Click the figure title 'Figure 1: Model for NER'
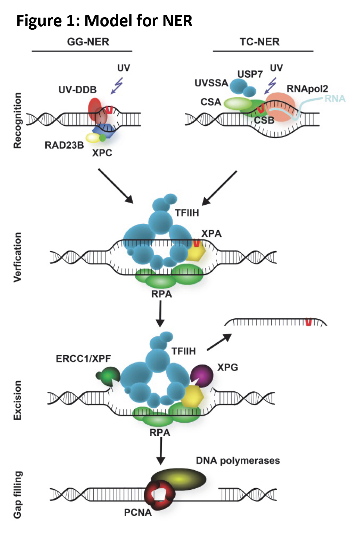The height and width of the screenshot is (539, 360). [104, 20]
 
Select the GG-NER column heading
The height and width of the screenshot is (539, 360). [88, 42]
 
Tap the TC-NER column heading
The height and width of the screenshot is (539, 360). [260, 42]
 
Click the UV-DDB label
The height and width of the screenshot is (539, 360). [77, 90]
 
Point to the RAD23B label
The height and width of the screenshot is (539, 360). [64, 145]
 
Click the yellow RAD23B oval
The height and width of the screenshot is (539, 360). [93, 138]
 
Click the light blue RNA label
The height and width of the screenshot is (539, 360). [335, 98]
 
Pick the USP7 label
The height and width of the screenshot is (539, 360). [250, 74]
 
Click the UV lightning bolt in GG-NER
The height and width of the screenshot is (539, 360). [117, 86]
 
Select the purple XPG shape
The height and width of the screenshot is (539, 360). [202, 375]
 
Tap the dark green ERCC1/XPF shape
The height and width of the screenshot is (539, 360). [107, 376]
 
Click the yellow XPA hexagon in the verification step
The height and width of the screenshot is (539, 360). [195, 253]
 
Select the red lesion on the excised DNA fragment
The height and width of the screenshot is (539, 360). [308, 322]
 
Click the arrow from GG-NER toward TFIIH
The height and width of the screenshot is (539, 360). [116, 186]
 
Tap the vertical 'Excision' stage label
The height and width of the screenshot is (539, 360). [18, 400]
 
